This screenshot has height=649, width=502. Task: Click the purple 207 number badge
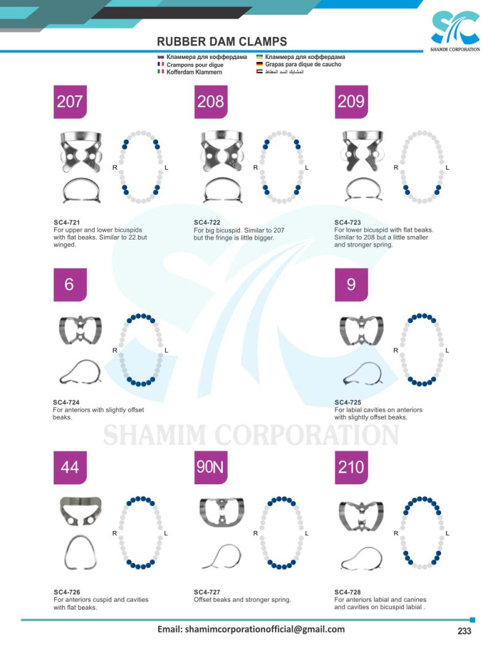(x=70, y=102)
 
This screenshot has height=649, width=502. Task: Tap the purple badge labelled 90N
(x=211, y=467)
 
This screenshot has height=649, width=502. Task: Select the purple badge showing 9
(x=351, y=285)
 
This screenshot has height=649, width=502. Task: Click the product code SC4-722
(x=207, y=222)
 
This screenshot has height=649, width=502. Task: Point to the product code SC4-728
(x=348, y=592)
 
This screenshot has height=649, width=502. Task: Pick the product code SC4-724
(x=66, y=402)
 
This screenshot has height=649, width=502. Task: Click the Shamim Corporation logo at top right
(x=455, y=31)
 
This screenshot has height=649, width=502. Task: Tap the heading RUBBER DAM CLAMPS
(x=222, y=41)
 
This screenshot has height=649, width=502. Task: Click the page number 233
(x=464, y=631)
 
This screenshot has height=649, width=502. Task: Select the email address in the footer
(x=251, y=629)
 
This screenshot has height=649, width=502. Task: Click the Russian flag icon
(x=161, y=57)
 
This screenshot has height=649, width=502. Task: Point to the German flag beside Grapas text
(x=259, y=64)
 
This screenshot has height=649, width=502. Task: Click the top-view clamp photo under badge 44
(x=81, y=511)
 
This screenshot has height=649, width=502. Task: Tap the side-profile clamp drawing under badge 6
(x=80, y=372)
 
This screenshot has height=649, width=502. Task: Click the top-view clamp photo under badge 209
(x=363, y=151)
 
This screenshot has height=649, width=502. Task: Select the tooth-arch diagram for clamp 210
(x=421, y=532)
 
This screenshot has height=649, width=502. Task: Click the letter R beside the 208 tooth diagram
(x=255, y=167)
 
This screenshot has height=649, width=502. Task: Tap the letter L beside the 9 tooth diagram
(x=447, y=350)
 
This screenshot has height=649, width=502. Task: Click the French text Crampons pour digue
(x=195, y=65)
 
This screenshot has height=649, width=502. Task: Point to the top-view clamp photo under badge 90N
(x=222, y=513)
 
